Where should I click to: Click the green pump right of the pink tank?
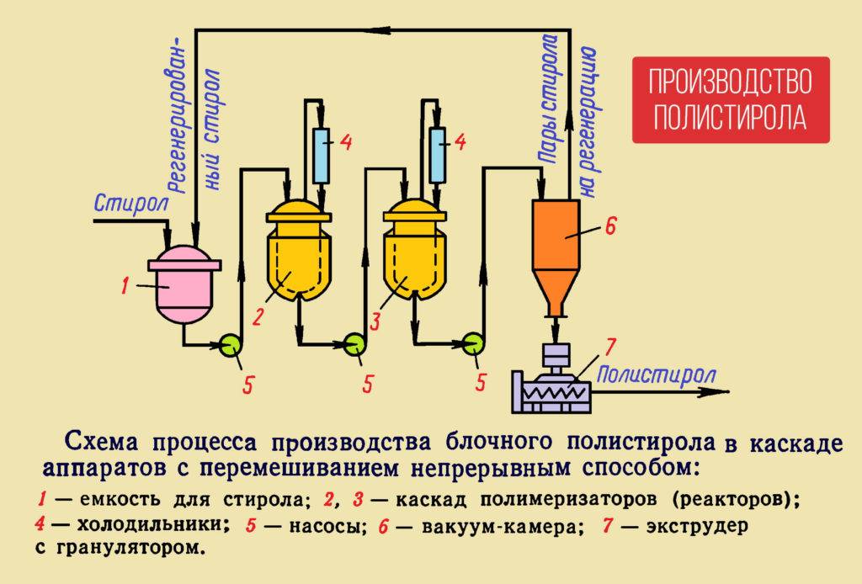click(x=229, y=342)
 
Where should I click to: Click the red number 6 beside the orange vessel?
click(x=612, y=226)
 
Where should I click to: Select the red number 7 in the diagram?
click(x=612, y=346)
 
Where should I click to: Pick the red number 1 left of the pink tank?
click(x=124, y=288)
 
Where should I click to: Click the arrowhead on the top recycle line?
click(x=386, y=30)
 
